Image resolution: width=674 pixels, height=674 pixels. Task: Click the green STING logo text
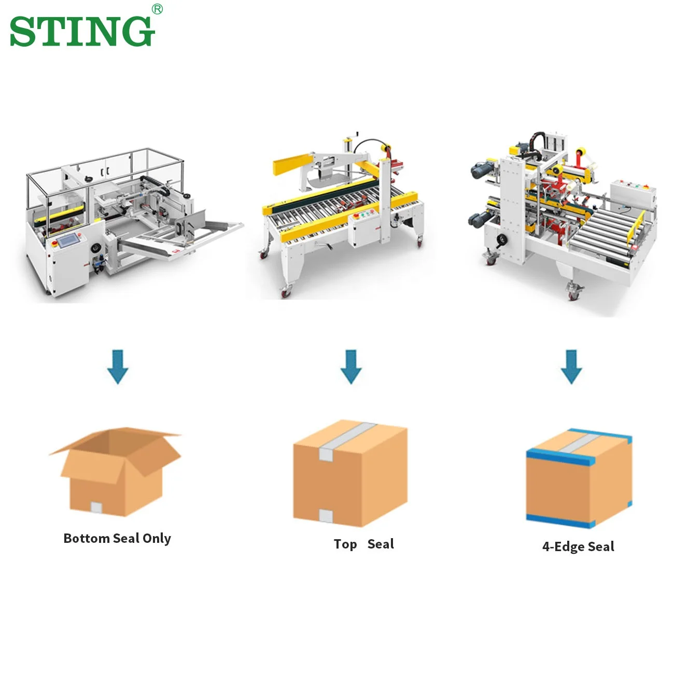(x=82, y=31)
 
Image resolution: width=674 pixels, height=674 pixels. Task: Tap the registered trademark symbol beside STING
(x=157, y=9)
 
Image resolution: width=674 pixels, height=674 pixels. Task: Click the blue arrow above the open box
(x=118, y=366)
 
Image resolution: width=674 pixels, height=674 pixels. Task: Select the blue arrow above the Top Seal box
(x=351, y=366)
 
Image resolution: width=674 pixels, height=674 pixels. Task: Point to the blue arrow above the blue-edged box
(x=571, y=366)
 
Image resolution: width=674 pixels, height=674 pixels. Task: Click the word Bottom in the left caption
(x=86, y=538)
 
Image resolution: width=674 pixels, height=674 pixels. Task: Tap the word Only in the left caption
(x=157, y=539)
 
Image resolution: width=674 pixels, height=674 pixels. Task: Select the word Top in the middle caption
(x=345, y=544)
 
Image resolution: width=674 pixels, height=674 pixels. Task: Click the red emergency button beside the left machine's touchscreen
(x=53, y=243)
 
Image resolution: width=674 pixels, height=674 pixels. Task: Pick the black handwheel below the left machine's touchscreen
(x=95, y=248)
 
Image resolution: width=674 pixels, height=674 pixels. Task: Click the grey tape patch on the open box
(x=96, y=507)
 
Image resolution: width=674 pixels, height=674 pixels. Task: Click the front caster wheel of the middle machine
(x=286, y=293)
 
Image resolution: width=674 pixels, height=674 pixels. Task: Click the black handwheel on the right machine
(x=502, y=240)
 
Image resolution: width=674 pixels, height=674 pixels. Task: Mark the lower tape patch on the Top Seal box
(x=326, y=514)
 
